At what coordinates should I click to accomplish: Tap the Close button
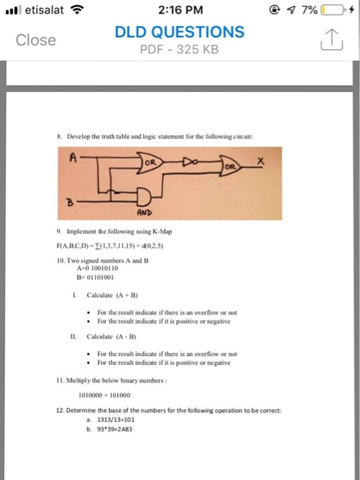pos(37,40)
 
